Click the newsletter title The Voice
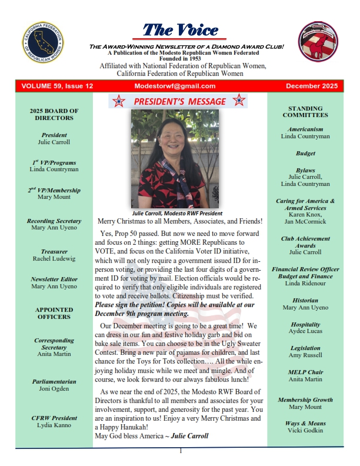(181, 30)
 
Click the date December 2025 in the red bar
(311, 86)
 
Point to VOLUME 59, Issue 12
(57, 86)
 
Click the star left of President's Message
(119, 101)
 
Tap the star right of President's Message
(239, 101)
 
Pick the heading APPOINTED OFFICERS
(54, 313)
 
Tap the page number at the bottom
(181, 451)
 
